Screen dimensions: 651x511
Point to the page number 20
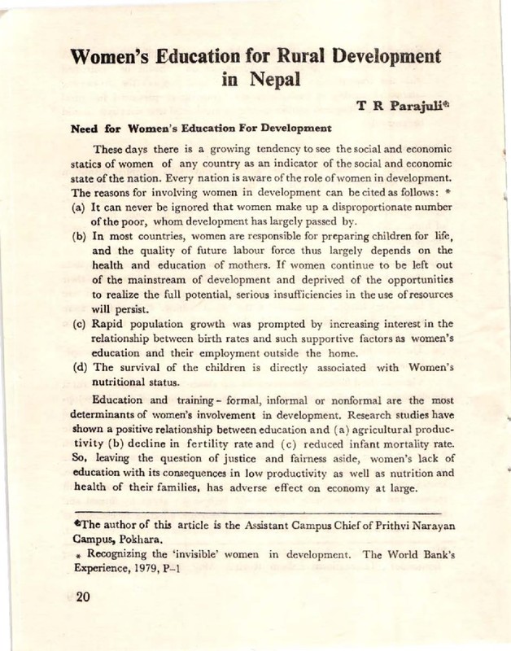point(79,599)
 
